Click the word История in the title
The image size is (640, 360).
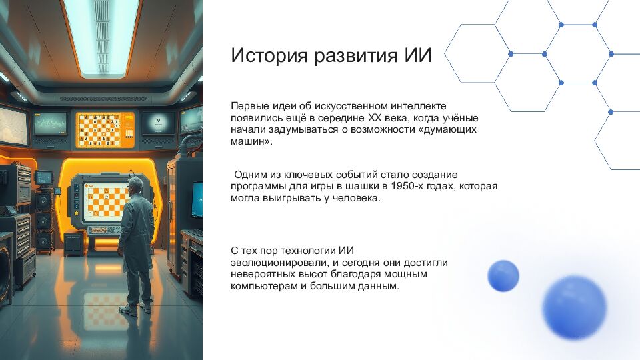pyautogui.click(x=263, y=55)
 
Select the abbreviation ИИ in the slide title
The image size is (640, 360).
pyautogui.click(x=418, y=55)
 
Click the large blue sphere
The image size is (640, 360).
pyautogui.click(x=574, y=307)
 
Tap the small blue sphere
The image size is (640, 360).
pyautogui.click(x=503, y=276)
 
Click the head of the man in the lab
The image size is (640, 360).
pyautogui.click(x=135, y=185)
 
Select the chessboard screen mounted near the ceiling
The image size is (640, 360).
pyautogui.click(x=105, y=130)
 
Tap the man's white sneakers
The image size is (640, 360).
pyautogui.click(x=136, y=309)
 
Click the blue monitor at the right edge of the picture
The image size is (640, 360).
pyautogui.click(x=197, y=199)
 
